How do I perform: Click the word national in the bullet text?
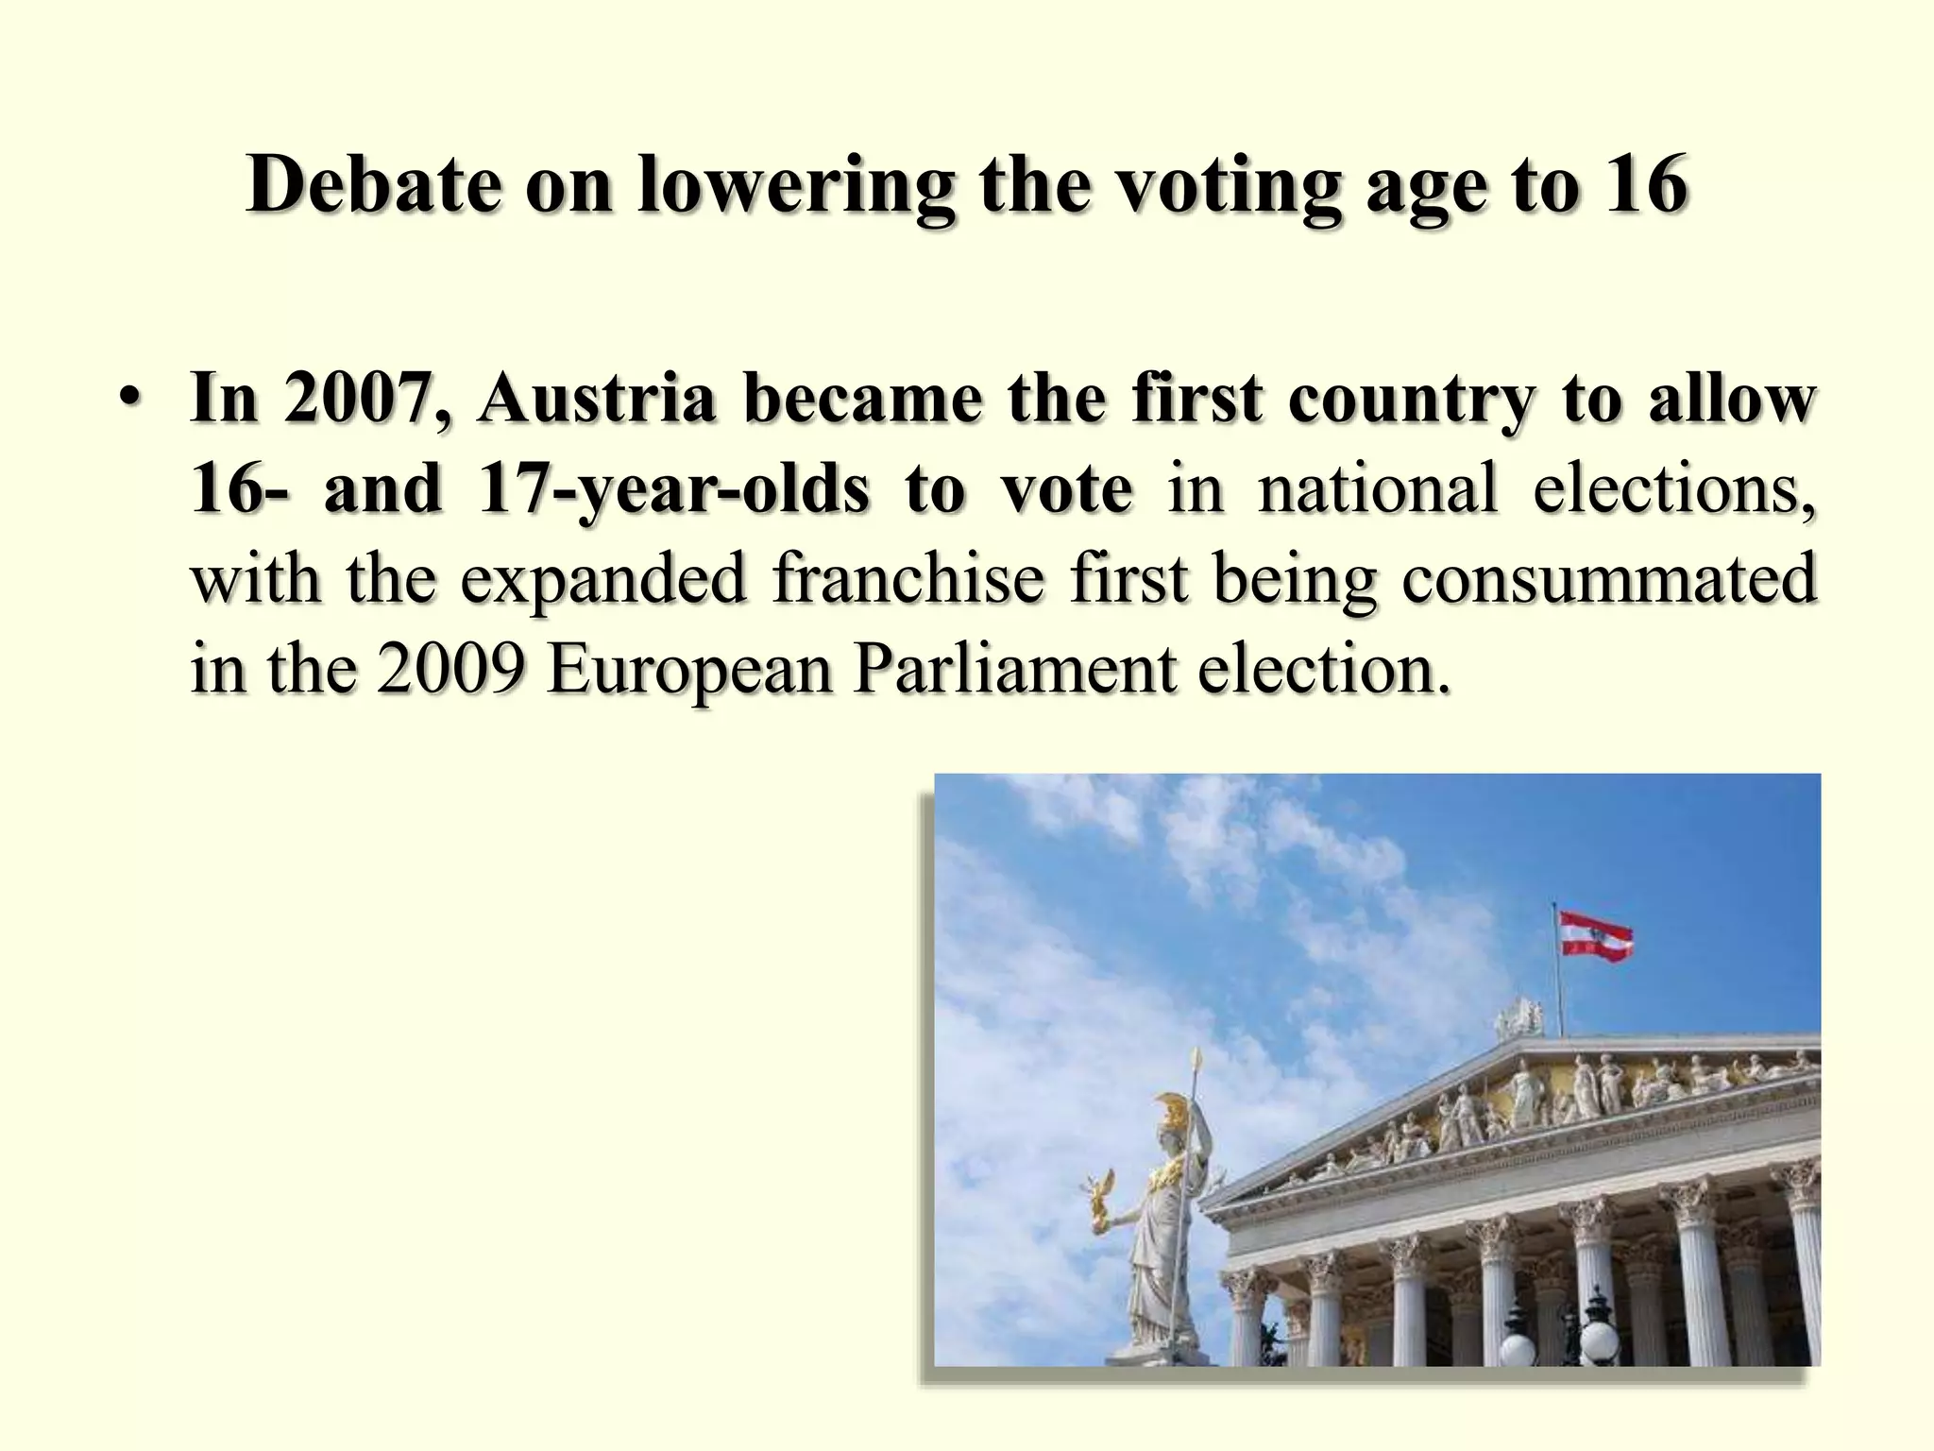click(1378, 489)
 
